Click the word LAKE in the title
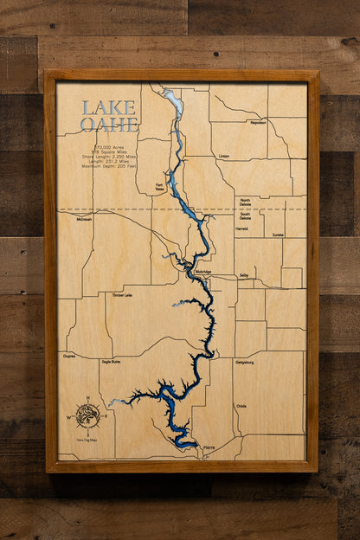(108, 108)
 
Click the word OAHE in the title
(109, 125)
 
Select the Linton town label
(224, 157)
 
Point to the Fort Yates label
(159, 186)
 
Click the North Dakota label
(245, 201)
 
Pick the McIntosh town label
(84, 219)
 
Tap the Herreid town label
(241, 229)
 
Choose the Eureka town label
(278, 235)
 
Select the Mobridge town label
(203, 272)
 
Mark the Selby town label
(244, 274)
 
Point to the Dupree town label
(69, 355)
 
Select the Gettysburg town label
(246, 363)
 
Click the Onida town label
(241, 406)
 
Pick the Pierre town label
(209, 447)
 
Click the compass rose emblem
(87, 415)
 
